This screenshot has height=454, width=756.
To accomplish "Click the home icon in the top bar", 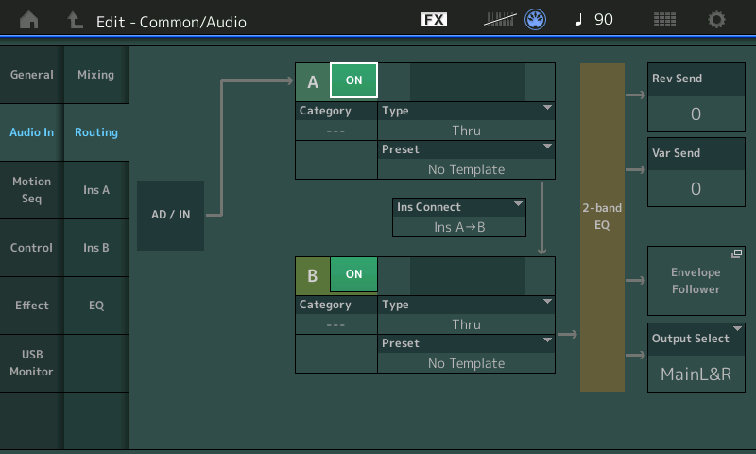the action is [29, 20].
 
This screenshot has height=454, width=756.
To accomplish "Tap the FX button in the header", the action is [434, 19].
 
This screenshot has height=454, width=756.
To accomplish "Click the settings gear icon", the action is [716, 20].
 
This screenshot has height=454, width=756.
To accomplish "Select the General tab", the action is [32, 75].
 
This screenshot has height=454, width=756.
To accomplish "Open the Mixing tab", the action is [96, 75].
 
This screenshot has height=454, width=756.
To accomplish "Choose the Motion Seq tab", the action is [32, 190].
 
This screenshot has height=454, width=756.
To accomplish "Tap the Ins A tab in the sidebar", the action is [96, 190].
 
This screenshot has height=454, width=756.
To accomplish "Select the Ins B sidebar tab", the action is [96, 248].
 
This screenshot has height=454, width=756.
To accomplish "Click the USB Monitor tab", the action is [32, 363].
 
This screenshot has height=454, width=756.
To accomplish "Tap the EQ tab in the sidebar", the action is [96, 306].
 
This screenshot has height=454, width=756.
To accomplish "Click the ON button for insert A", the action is [353, 80].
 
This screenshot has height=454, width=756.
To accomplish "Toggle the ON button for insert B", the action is [353, 274].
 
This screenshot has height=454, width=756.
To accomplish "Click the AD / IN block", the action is [171, 216].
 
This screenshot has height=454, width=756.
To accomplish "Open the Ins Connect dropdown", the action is [459, 218].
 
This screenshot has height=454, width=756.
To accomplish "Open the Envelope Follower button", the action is [696, 281].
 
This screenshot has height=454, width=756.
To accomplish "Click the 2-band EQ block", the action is [602, 227].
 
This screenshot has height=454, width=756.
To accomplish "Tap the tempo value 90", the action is [603, 20].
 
